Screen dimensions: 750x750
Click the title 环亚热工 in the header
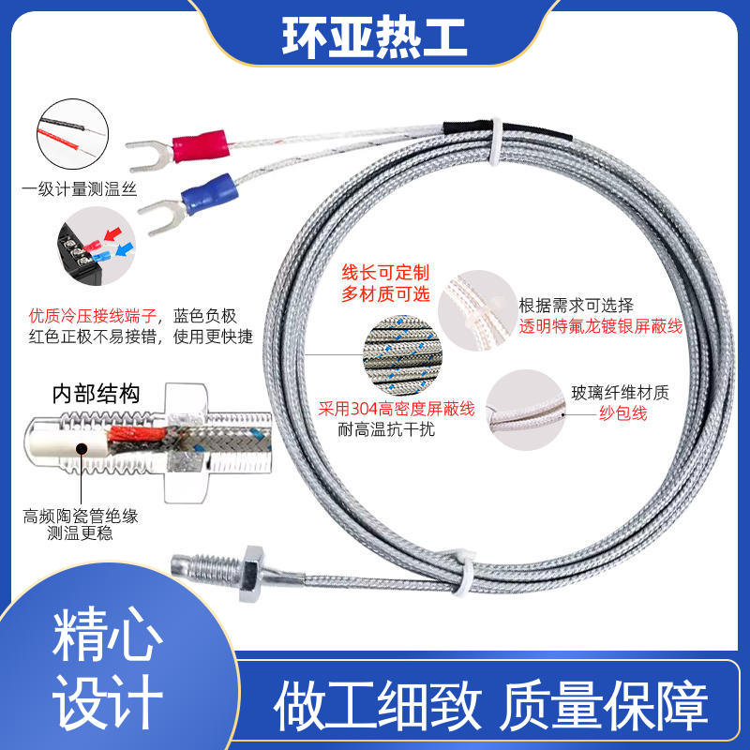pyautogui.click(x=374, y=37)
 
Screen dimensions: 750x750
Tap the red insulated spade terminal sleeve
pyautogui.click(x=200, y=146)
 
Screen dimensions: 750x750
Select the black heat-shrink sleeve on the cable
pyautogui.click(x=507, y=130)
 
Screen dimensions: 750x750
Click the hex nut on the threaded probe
pyautogui.click(x=250, y=573)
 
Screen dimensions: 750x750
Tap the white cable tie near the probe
pyautogui.click(x=463, y=573)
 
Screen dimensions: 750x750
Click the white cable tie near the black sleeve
pyautogui.click(x=496, y=142)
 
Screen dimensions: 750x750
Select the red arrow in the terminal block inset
pyautogui.click(x=112, y=234)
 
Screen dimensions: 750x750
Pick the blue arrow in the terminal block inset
pyautogui.click(x=125, y=248)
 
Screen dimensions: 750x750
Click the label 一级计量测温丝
pyautogui.click(x=80, y=189)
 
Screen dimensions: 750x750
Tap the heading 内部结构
pyautogui.click(x=97, y=394)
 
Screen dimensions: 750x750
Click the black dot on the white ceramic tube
pyautogui.click(x=82, y=449)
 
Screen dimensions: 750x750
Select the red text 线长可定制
pyautogui.click(x=385, y=273)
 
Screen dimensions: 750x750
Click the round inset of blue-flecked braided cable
pyautogui.click(x=402, y=355)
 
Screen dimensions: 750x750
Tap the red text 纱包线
pyautogui.click(x=622, y=412)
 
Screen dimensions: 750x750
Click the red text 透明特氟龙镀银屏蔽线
pyautogui.click(x=601, y=326)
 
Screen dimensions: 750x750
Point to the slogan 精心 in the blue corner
pyautogui.click(x=107, y=635)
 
